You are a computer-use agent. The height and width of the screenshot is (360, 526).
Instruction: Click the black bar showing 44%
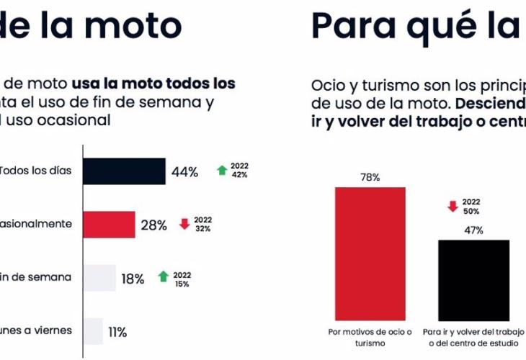tap(124, 171)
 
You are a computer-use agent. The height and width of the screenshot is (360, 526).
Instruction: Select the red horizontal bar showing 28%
tap(109, 225)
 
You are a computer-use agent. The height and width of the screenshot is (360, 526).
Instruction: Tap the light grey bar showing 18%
tap(99, 278)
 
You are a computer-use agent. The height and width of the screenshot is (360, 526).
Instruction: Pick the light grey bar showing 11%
tap(93, 331)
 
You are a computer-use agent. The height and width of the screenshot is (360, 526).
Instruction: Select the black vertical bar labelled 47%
tap(474, 281)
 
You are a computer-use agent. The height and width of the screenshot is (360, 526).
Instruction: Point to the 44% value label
tap(184, 172)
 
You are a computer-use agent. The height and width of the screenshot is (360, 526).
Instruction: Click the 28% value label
tap(153, 225)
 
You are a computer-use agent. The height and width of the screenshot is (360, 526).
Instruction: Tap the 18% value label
tap(133, 279)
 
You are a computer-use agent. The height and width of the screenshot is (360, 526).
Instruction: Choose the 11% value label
tap(117, 332)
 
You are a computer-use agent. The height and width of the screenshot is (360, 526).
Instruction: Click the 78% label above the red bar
tap(370, 177)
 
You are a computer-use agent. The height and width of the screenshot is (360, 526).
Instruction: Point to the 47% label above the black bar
tap(473, 230)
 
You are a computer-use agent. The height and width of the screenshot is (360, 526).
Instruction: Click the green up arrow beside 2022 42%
tap(222, 171)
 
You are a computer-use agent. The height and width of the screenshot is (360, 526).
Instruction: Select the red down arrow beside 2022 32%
tap(184, 224)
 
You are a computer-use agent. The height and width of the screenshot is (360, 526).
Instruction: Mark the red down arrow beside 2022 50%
tap(453, 207)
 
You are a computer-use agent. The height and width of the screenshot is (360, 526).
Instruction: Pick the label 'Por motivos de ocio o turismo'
tap(370, 337)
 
